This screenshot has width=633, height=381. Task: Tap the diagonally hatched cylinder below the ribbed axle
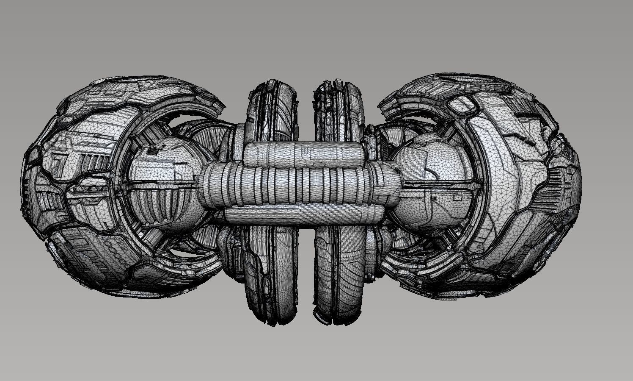(x=296, y=215)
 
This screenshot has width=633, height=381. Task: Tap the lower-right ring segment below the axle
(x=339, y=275)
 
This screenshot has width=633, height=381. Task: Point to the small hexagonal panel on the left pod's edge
(x=34, y=153)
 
